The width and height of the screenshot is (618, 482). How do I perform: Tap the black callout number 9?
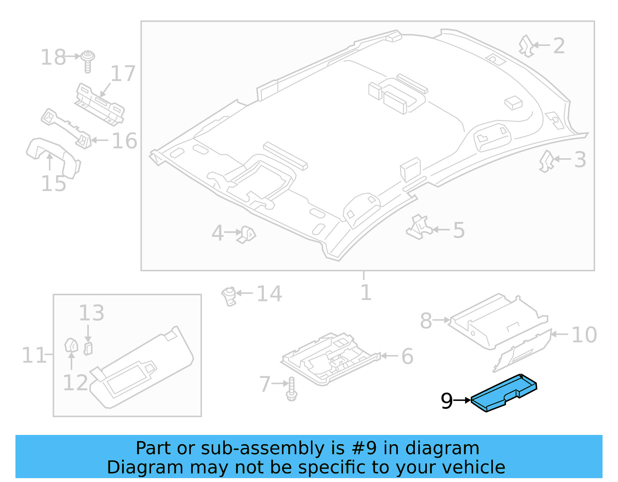tap(447, 401)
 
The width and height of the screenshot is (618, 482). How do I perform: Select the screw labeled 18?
tap(88, 61)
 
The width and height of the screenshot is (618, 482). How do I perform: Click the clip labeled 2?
tap(526, 46)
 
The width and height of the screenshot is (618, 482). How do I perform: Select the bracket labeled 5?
tap(418, 228)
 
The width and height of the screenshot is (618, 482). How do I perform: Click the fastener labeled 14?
tap(229, 296)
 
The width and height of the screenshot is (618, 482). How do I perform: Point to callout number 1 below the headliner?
tap(365, 293)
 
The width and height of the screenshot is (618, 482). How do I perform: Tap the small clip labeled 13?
tap(88, 348)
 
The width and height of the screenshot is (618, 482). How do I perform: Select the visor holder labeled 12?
tap(71, 345)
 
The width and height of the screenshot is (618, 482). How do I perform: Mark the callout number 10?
tap(584, 335)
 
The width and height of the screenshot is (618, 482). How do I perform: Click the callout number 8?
tap(426, 321)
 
